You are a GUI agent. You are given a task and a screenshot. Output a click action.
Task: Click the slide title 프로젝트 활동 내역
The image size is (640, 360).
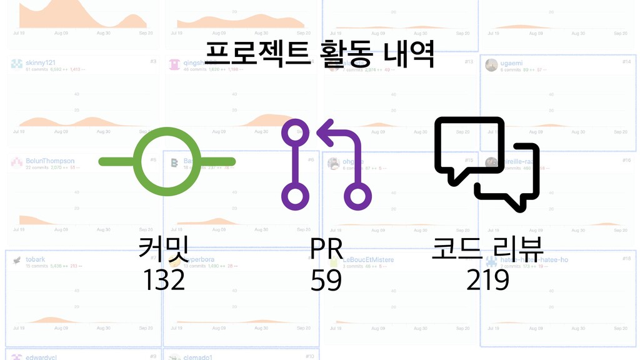[x=319, y=55]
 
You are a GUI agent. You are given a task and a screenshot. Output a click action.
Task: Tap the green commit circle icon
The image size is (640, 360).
[x=167, y=162]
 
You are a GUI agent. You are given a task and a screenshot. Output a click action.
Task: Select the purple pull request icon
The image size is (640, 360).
[x=326, y=164]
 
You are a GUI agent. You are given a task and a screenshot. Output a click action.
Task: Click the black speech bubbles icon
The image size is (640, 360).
[x=486, y=164]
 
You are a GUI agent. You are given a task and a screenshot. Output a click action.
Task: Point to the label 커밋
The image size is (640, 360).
[x=164, y=249]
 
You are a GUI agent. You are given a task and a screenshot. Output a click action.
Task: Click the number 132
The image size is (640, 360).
[x=164, y=280]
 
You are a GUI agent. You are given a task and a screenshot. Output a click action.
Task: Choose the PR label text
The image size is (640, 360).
[x=326, y=249]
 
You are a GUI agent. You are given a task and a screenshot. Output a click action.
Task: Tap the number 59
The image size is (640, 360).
[x=326, y=281]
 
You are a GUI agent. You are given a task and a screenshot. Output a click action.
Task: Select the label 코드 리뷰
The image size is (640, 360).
[x=487, y=249]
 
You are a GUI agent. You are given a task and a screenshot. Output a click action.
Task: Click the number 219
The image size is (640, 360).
[x=487, y=281]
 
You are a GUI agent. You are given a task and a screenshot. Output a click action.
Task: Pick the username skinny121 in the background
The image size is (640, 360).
[x=41, y=63]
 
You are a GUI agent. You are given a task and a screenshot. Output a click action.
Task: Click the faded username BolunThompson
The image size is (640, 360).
[x=50, y=161]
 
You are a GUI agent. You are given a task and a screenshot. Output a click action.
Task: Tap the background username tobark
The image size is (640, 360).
[x=35, y=259]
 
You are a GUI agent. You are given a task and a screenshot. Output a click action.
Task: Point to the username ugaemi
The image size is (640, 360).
[x=511, y=63]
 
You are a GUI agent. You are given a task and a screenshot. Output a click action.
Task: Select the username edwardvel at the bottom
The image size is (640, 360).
[x=42, y=357]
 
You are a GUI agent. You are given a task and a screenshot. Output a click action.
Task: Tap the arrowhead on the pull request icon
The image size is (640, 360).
[x=326, y=132]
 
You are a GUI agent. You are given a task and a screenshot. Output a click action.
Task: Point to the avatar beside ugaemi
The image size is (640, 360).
[x=491, y=65]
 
